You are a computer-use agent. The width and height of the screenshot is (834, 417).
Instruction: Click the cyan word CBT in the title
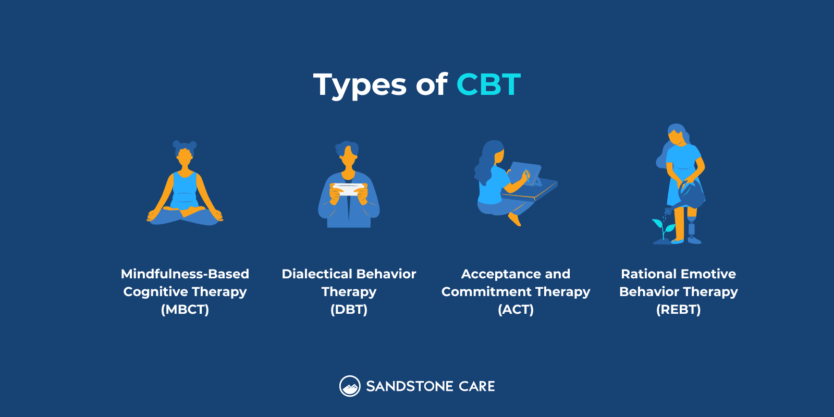click(488, 84)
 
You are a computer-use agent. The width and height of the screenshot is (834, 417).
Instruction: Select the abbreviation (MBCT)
click(185, 310)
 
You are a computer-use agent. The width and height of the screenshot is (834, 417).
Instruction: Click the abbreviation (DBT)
click(349, 310)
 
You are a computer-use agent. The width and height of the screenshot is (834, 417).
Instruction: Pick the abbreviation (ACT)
click(516, 310)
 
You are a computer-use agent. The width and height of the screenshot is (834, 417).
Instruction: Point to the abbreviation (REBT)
click(678, 310)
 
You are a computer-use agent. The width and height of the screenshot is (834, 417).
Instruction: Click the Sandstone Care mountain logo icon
click(350, 386)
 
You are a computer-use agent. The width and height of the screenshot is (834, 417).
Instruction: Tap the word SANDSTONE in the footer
click(409, 386)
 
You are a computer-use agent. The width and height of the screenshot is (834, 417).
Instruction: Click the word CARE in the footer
click(477, 386)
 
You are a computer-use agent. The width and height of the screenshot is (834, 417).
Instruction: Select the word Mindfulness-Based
click(185, 274)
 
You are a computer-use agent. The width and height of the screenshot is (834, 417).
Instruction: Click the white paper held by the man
click(349, 188)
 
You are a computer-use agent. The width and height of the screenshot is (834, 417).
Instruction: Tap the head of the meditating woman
click(185, 155)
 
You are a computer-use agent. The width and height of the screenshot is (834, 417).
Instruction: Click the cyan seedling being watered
click(663, 227)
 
